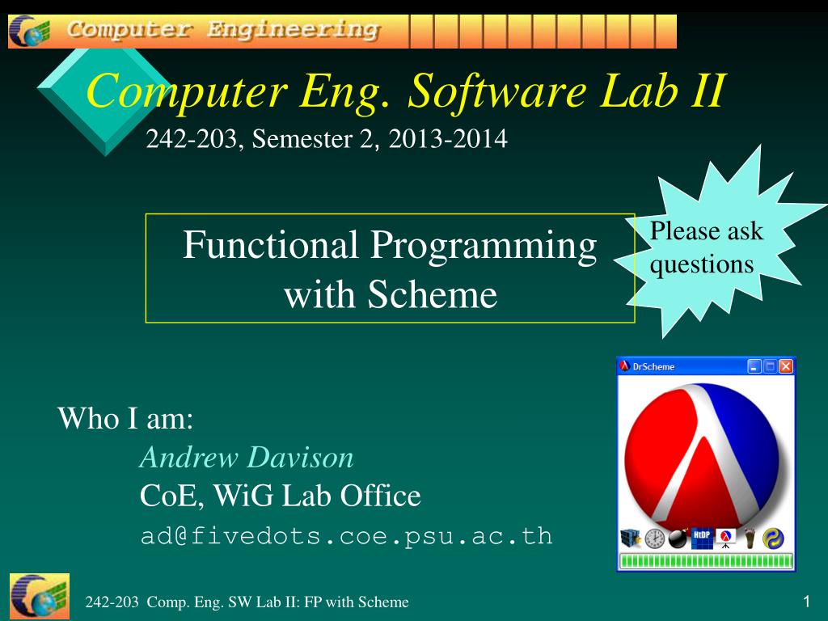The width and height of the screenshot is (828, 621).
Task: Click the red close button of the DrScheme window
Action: pyautogui.click(x=786, y=366)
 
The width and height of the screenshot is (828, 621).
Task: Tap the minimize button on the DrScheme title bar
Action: pyautogui.click(x=754, y=366)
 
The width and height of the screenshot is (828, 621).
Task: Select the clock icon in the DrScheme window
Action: pyautogui.click(x=655, y=539)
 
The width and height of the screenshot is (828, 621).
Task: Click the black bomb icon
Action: pyautogui.click(x=678, y=539)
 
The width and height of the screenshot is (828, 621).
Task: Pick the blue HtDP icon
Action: pyautogui.click(x=702, y=539)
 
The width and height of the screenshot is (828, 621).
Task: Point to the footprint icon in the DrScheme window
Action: pyautogui.click(x=750, y=539)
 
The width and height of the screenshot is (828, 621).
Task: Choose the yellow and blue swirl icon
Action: pyautogui.click(x=773, y=539)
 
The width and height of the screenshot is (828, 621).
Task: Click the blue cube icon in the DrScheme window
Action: pyautogui.click(x=631, y=539)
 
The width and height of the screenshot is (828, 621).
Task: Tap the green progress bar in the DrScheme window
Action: pyautogui.click(x=706, y=561)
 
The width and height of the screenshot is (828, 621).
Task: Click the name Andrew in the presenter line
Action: pyautogui.click(x=189, y=458)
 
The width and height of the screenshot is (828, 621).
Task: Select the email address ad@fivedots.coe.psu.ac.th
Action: pyautogui.click(x=346, y=536)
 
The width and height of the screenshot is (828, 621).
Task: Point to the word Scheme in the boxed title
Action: pyautogui.click(x=433, y=294)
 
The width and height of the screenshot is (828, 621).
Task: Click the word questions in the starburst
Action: pyautogui.click(x=702, y=264)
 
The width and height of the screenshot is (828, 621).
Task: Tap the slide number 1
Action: pyautogui.click(x=806, y=601)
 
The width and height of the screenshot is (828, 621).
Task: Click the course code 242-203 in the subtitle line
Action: pyautogui.click(x=191, y=139)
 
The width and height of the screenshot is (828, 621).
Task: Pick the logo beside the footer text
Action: pyautogui.click(x=40, y=596)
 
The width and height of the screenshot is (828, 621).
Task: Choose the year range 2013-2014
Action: pyautogui.click(x=448, y=139)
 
